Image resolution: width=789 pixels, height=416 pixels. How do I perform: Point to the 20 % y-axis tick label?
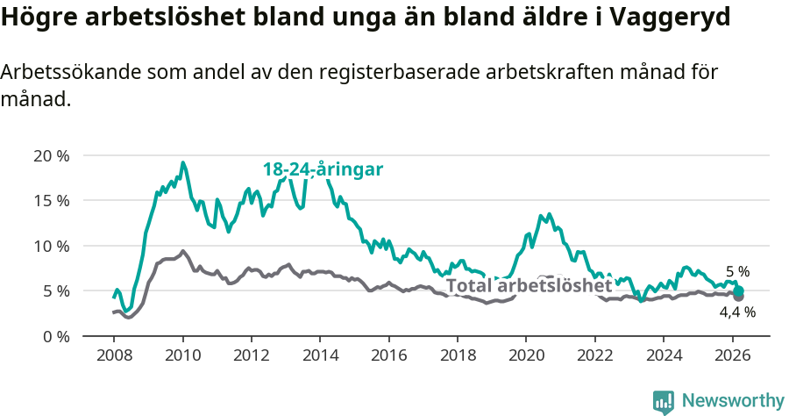pos(51,156)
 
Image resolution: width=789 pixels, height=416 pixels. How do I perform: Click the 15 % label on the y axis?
pos(51,201)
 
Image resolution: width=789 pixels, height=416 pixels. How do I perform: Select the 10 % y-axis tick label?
pos(51,246)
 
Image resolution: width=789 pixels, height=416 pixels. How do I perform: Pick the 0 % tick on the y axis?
pos(55,336)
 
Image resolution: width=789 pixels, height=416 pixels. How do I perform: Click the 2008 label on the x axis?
pos(114,356)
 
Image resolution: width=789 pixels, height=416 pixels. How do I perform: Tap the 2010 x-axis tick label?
pos(182,356)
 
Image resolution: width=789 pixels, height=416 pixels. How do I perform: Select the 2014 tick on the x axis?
pos(319,356)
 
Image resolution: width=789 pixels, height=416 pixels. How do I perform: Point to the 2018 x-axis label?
pos(457,356)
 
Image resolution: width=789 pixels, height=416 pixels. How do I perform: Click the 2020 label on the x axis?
pos(525,356)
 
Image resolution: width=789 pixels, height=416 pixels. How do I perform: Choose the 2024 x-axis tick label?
pos(662,356)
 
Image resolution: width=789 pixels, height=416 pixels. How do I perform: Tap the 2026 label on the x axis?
pos(731,356)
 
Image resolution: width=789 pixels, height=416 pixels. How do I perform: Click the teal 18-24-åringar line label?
pos(323,170)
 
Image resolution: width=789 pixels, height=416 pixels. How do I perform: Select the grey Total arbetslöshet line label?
pos(529,286)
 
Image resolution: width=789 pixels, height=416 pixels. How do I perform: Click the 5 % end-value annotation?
pos(737,272)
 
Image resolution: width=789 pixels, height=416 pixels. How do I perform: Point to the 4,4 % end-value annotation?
pos(737,312)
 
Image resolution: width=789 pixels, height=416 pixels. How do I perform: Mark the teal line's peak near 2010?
pos(182,162)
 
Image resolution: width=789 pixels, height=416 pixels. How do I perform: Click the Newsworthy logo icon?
pos(664,401)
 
